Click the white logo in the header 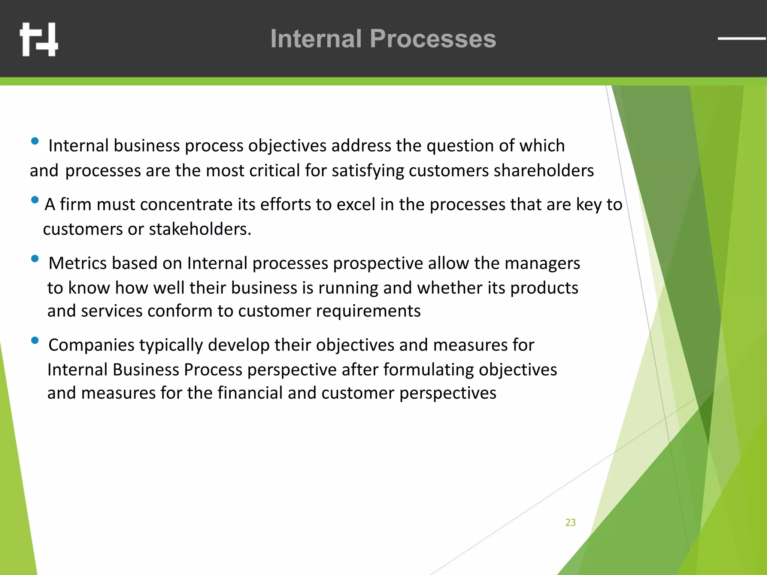point(39,39)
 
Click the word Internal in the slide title point(316,39)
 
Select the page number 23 point(570,522)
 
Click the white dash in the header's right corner point(741,38)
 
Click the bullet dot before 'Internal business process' point(35,141)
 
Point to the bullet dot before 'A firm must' point(35,200)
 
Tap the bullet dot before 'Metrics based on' point(35,259)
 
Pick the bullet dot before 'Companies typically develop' point(35,340)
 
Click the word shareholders point(544,171)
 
